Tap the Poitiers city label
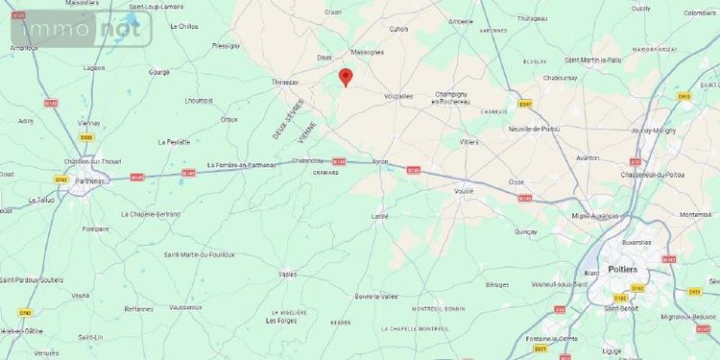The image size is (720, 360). click(x=623, y=270)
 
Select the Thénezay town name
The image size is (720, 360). click(x=286, y=83)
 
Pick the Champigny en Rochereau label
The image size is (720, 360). click(x=451, y=97)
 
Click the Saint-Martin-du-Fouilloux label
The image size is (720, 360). click(x=199, y=253)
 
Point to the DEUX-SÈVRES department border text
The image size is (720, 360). click(x=286, y=119)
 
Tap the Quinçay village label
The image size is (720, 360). click(x=525, y=231)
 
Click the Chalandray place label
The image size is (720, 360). click(x=308, y=160)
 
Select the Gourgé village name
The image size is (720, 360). click(x=159, y=71)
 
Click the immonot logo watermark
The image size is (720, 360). click(x=81, y=29)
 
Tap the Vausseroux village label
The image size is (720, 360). click(x=185, y=307)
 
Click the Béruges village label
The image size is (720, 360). click(x=497, y=285)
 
